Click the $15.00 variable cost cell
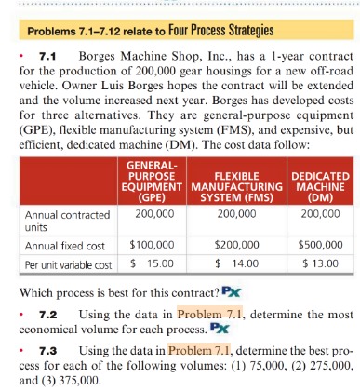(x=151, y=265)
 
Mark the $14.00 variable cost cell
(x=236, y=265)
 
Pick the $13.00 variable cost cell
(x=316, y=265)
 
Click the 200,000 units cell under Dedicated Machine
(x=316, y=214)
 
